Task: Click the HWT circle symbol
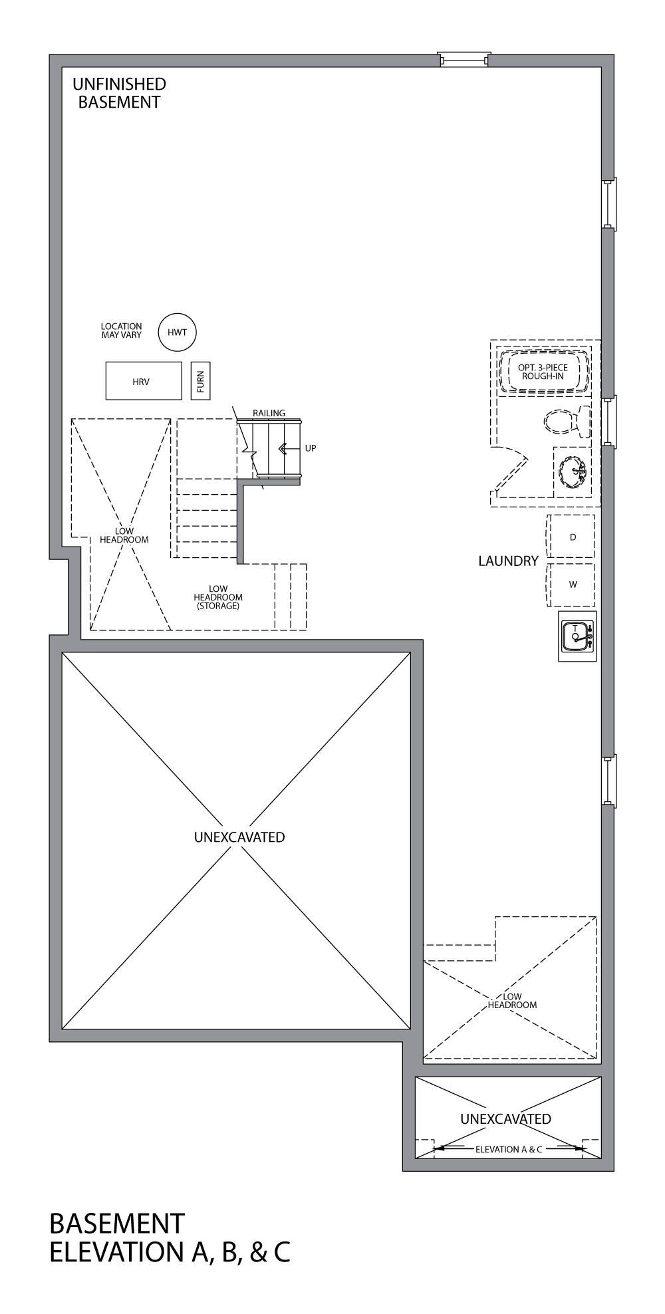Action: point(178,332)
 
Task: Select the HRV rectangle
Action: point(144,381)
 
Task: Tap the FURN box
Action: point(200,381)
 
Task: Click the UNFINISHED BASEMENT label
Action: point(119,93)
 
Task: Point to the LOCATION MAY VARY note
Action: point(121,330)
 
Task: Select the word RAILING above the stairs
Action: point(269,413)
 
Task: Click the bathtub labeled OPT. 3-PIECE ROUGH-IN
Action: point(543,372)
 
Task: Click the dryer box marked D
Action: point(572,537)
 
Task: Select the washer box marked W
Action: point(572,585)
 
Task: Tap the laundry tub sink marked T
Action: point(577,636)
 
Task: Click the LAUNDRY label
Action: point(508,561)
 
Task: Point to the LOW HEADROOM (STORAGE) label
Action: point(218,597)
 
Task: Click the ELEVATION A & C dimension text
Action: point(508,1148)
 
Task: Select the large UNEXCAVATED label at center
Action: point(239,837)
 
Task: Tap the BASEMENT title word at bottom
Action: point(117,1224)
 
